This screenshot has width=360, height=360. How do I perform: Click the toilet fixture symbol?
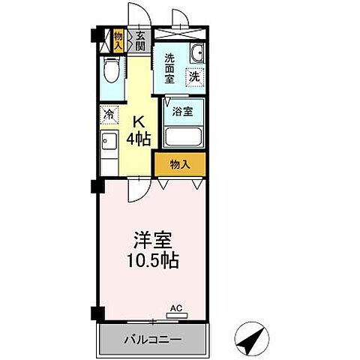click(x=111, y=70)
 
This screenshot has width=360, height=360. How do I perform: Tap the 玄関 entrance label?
click(x=139, y=38)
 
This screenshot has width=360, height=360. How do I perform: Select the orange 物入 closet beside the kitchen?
click(x=180, y=164)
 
